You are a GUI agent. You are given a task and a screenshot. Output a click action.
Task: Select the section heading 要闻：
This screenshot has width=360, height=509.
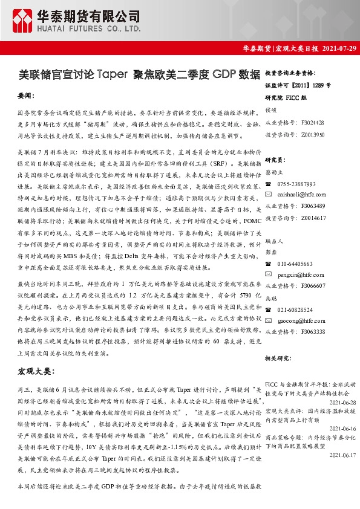coord(27,96)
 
